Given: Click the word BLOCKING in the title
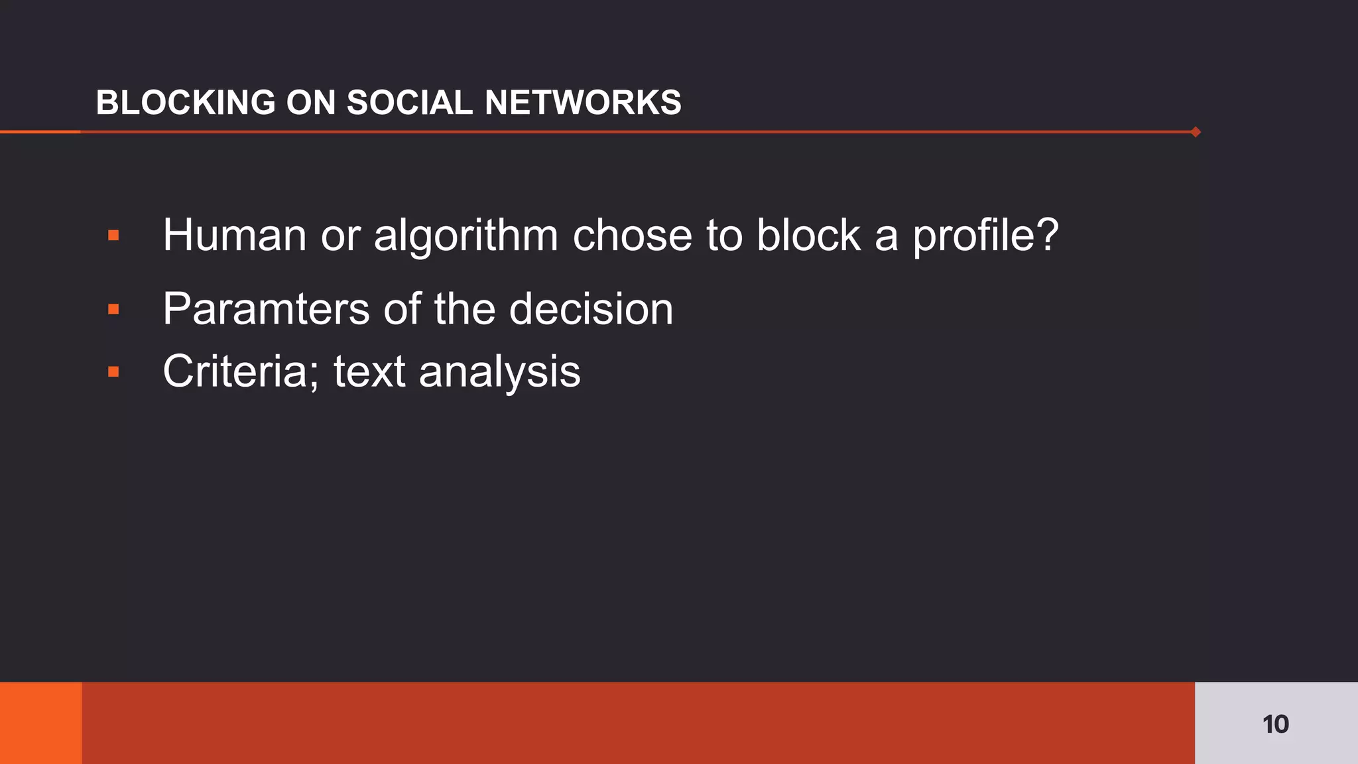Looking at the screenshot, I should click(186, 103).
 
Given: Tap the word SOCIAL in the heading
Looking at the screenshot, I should click(409, 103).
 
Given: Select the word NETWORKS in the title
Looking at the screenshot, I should click(583, 103).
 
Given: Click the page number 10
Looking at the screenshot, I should click(1275, 724).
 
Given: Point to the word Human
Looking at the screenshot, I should click(234, 235).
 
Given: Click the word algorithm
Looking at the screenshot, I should click(466, 237).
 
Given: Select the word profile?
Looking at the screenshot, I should click(985, 237).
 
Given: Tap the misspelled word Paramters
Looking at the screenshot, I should click(266, 310).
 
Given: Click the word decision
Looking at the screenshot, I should click(591, 309).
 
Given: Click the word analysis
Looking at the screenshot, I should click(499, 372).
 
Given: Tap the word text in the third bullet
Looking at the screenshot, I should click(369, 371).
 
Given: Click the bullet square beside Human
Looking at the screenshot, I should click(113, 235).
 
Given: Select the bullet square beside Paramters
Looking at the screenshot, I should click(113, 309).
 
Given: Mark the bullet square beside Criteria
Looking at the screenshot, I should click(113, 371).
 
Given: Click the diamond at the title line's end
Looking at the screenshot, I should click(1196, 132).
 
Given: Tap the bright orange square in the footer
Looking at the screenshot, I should click(40, 723).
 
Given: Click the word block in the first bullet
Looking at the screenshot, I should click(808, 235).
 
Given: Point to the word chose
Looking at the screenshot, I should click(632, 235).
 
